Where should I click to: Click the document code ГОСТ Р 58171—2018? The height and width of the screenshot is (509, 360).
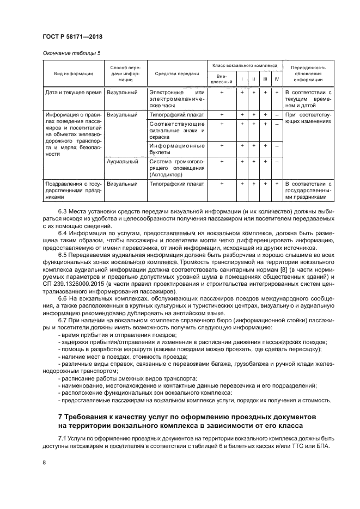tap(72, 36)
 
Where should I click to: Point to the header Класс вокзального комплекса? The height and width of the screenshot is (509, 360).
tap(244, 65)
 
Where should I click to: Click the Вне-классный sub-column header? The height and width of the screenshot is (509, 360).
tap(222, 79)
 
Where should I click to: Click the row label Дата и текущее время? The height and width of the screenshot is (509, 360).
tap(74, 93)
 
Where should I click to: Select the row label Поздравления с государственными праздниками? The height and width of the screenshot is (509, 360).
tap(73, 191)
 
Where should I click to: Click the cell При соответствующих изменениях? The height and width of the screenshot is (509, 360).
tap(308, 119)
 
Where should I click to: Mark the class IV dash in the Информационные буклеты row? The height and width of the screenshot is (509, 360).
tap(277, 146)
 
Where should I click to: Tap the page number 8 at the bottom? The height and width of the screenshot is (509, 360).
tap(44, 462)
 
